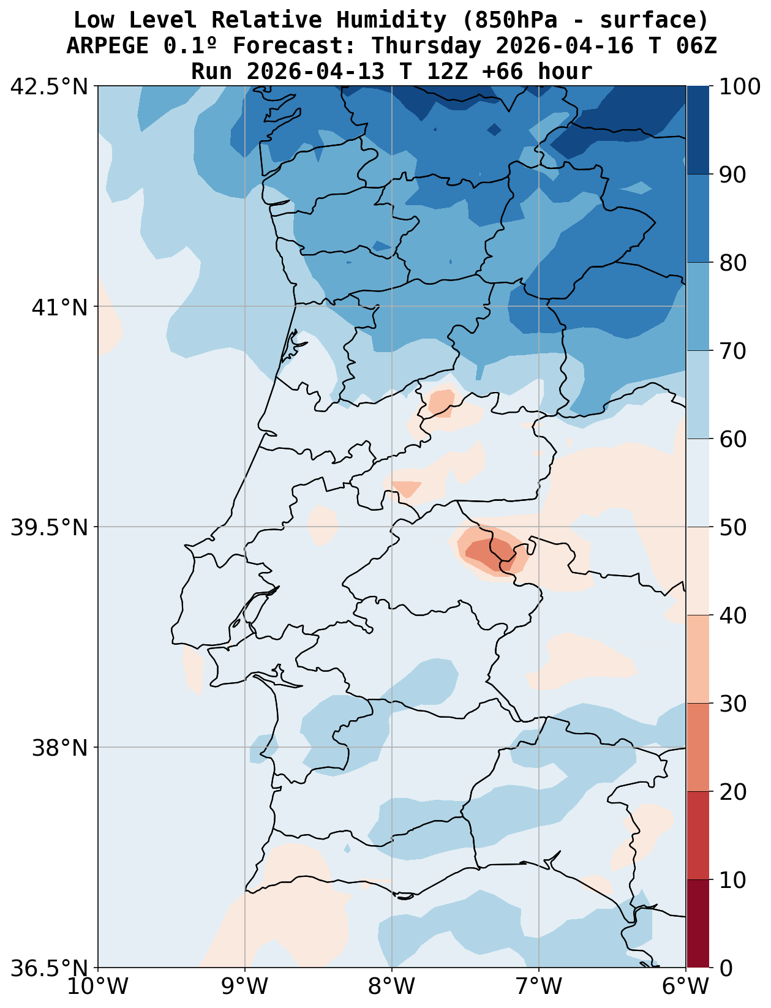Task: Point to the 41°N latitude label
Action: click(x=60, y=307)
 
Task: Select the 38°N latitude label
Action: click(x=60, y=748)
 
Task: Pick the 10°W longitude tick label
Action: click(x=99, y=987)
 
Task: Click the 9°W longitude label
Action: click(x=246, y=987)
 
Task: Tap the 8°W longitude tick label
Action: click(x=393, y=987)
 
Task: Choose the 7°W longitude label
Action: click(x=540, y=987)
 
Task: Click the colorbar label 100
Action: click(x=740, y=86)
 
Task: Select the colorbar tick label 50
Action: click(x=732, y=527)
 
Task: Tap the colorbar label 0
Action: click(x=725, y=968)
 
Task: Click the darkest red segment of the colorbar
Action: click(x=698, y=923)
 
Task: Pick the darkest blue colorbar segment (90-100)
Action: click(x=698, y=130)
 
